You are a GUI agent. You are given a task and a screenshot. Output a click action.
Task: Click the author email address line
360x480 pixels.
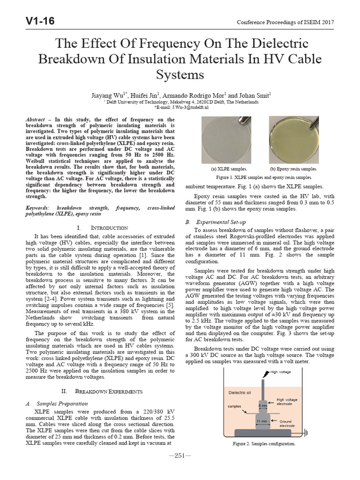180,106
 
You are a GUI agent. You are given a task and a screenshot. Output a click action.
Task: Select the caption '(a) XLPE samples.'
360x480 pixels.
229,168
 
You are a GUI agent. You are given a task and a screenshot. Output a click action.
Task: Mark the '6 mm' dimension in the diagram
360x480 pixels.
264,405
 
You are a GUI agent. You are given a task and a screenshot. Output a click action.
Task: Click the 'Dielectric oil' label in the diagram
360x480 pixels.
240,392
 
